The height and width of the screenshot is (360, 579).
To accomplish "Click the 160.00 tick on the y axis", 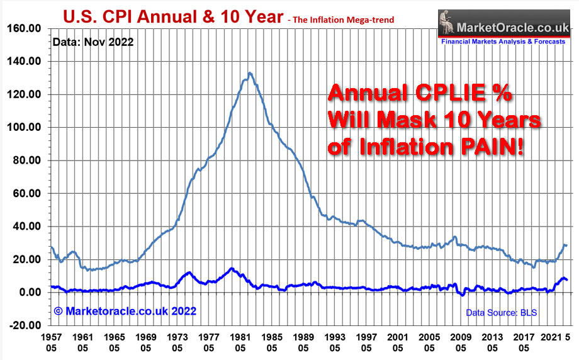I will click(23, 28).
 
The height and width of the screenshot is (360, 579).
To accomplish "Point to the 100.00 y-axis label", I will click(23, 127).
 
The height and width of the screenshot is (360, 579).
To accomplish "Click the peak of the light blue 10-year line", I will click(250, 73).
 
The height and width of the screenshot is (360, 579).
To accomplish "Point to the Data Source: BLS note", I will click(501, 312).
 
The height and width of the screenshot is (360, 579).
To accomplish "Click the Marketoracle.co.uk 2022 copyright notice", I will click(125, 311).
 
